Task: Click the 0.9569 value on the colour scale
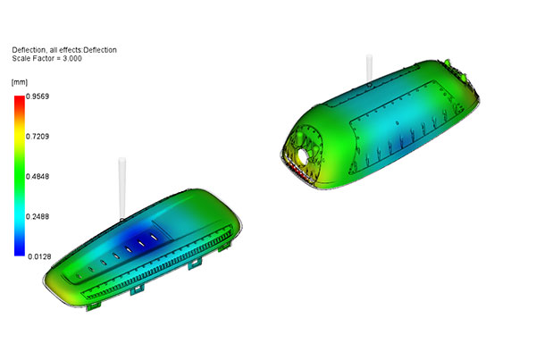(x=38, y=96)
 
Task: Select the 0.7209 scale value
(x=38, y=137)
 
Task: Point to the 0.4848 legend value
(x=38, y=176)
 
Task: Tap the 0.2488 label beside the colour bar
(x=38, y=216)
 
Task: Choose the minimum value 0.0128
(x=39, y=256)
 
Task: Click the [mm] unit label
(x=20, y=82)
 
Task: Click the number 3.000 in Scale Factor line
(x=72, y=58)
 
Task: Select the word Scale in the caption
(x=20, y=58)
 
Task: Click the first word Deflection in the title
(x=29, y=50)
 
